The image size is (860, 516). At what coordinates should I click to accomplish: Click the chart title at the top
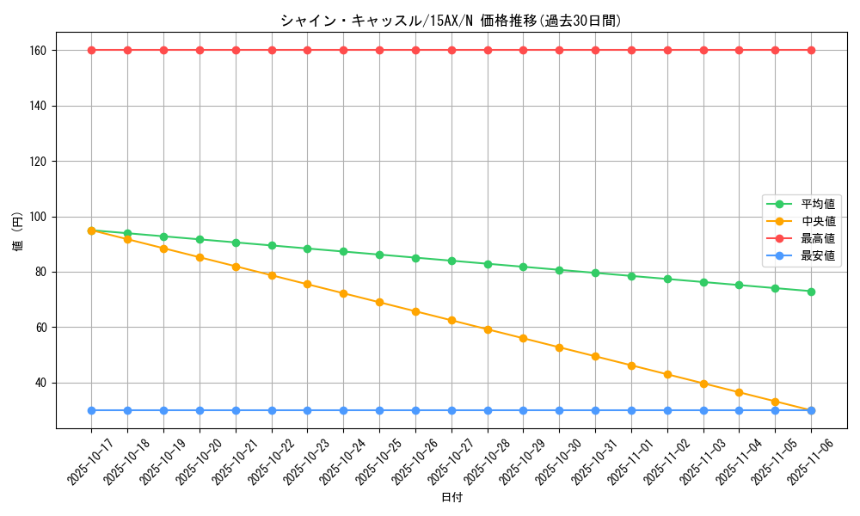click(451, 21)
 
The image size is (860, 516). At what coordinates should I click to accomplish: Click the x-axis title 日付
click(451, 498)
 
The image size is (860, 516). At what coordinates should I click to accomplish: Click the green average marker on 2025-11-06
click(811, 292)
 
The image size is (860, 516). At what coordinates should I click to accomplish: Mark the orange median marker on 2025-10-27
click(451, 320)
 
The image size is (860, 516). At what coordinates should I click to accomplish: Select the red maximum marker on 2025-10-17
click(91, 50)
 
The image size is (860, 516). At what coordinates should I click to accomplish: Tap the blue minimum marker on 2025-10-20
click(200, 410)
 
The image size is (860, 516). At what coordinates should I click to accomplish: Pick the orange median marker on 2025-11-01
click(631, 365)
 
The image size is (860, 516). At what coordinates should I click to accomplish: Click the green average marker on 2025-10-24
click(343, 251)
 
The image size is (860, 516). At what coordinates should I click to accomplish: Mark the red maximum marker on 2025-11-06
click(811, 50)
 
